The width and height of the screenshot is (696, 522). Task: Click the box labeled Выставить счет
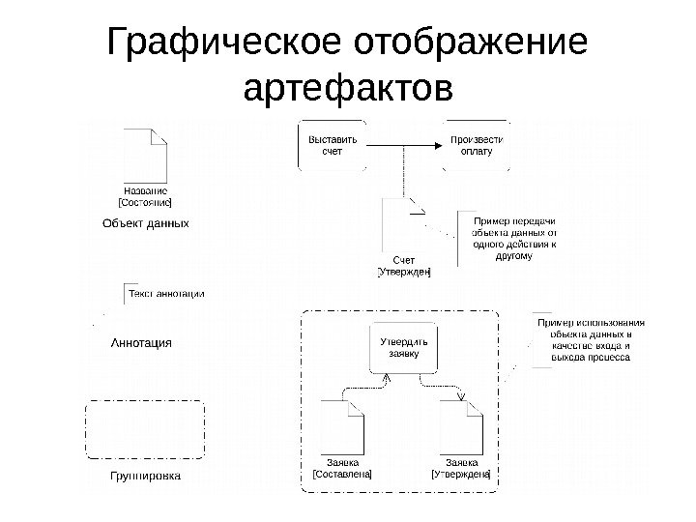332,146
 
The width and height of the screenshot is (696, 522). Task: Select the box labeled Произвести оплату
477,146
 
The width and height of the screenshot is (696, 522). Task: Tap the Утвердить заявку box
403,348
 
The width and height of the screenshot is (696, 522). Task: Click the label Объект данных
145,223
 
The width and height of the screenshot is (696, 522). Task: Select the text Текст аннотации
166,293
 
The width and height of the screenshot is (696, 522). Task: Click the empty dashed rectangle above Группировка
145,429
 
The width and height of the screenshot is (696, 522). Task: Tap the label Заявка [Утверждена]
461,467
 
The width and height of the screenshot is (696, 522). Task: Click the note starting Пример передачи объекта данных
513,239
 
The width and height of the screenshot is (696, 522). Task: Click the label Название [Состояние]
145,196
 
